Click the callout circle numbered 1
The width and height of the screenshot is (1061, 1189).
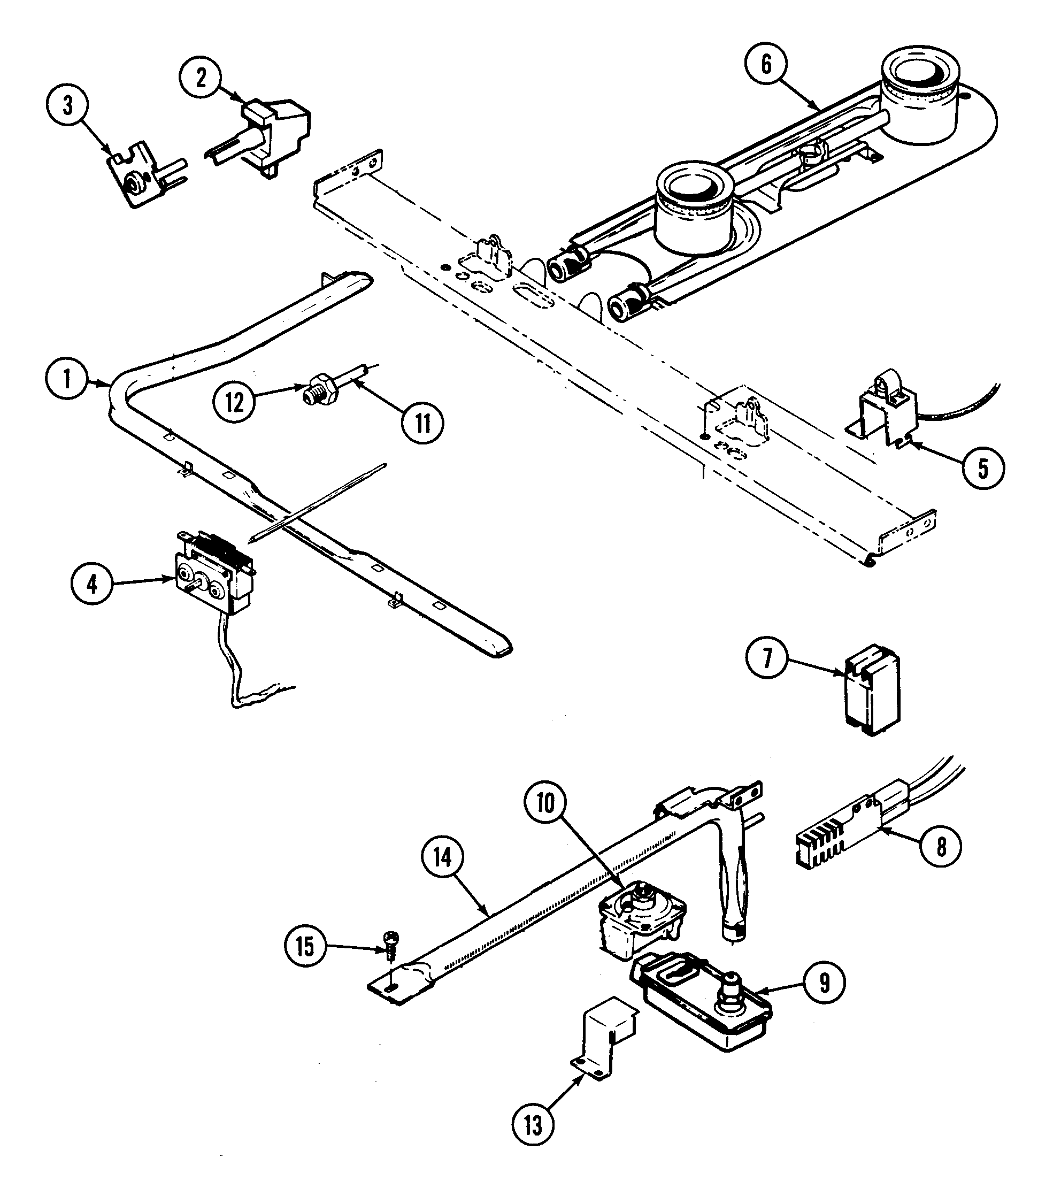point(67,379)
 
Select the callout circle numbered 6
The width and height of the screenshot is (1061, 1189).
point(766,64)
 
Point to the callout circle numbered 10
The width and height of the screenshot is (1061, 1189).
point(545,804)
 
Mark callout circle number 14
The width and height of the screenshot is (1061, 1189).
point(443,857)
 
